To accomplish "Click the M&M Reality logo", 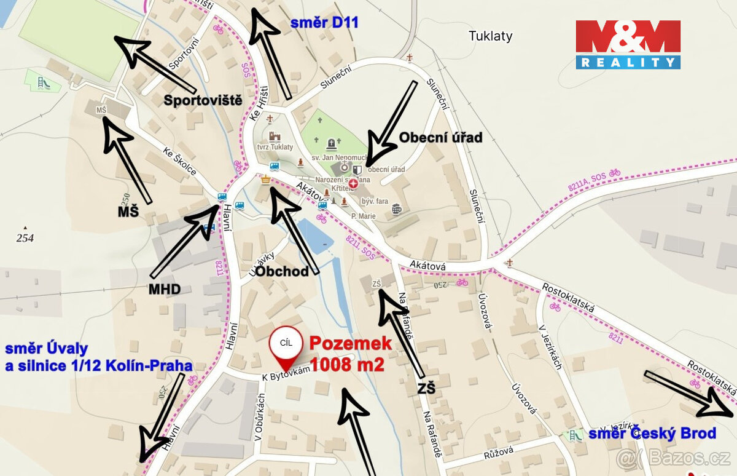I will click(628, 44).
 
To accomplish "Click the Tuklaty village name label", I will click(490, 36).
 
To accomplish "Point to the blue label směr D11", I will click(324, 23).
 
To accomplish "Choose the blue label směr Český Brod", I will click(652, 434).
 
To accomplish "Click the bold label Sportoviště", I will click(203, 100).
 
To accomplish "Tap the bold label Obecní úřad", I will click(440, 137).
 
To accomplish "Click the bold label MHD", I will click(165, 288).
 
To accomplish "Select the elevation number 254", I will click(25, 238).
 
